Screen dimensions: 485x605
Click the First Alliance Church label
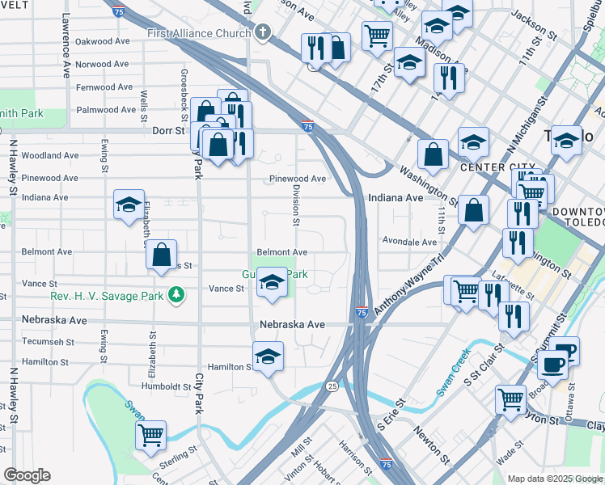coord(197,33)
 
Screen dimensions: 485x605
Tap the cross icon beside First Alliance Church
coord(261,33)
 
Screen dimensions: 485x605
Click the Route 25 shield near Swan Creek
coord(332,386)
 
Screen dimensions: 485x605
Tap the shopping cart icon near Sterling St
coord(150,436)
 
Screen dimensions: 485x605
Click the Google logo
coord(27,475)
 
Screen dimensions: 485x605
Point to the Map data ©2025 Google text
coord(555,479)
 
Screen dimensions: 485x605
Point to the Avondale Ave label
coord(409,242)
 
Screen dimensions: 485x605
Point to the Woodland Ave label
coord(50,155)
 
